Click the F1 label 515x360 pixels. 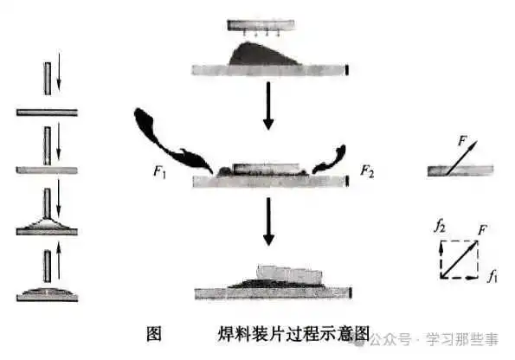click(160, 172)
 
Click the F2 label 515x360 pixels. click(367, 170)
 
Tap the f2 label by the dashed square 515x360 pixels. click(440, 226)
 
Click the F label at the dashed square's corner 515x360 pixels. click(482, 230)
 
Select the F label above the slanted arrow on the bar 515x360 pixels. click(462, 141)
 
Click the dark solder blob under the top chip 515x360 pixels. click(263, 55)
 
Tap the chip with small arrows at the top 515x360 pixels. click(261, 25)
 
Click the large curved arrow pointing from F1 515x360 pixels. click(171, 141)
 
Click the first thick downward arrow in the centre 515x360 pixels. click(268, 106)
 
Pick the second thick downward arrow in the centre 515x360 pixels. click(268, 222)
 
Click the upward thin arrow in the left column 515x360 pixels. click(59, 260)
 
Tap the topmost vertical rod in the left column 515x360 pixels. click(48, 79)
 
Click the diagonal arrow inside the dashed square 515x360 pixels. click(459, 259)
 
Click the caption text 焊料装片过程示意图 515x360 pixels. click(293, 334)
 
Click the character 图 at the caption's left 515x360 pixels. click(154, 334)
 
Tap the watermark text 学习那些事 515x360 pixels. click(462, 339)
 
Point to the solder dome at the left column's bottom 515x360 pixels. click(47, 292)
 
